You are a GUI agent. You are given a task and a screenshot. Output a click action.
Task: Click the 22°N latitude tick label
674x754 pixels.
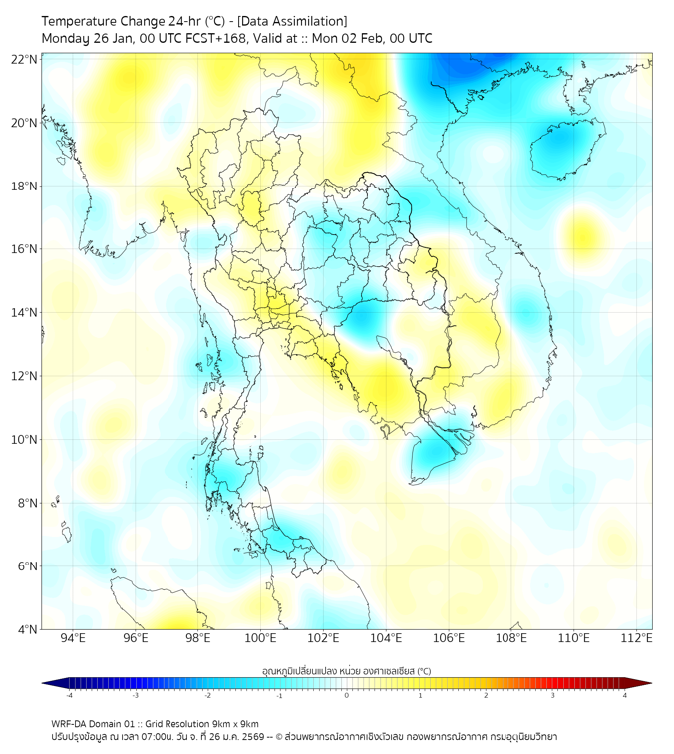point(25,59)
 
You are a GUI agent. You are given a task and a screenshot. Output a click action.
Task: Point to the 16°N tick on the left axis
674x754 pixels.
point(25,249)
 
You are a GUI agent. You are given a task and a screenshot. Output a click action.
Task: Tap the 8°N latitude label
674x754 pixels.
point(28,503)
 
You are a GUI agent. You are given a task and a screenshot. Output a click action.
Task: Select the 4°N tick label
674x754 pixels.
point(28,629)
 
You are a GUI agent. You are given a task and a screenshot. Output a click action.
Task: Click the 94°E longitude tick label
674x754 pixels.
point(73,639)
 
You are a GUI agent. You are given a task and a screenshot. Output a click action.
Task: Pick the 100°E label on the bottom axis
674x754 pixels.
point(260,639)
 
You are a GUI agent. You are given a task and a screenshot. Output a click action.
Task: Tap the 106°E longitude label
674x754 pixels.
point(449,639)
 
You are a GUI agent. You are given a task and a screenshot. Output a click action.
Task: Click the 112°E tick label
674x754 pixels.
point(637,639)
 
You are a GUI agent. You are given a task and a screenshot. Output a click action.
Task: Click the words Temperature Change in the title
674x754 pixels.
point(98,21)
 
